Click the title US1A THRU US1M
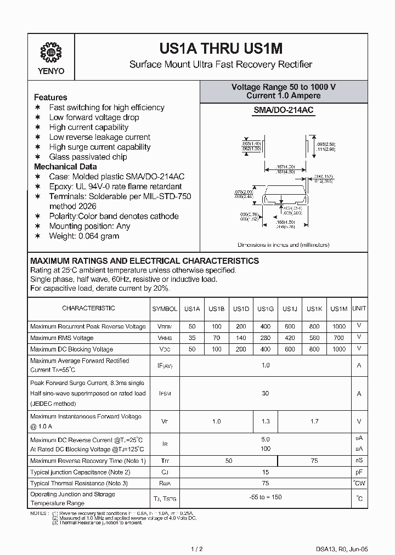(221, 48)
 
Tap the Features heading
(50, 97)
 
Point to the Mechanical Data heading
(65, 167)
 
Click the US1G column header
(265, 309)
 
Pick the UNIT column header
(359, 309)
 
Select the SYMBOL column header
(165, 309)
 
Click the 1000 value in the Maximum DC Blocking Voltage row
(339, 349)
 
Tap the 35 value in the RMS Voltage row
(192, 338)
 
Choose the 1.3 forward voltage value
(265, 422)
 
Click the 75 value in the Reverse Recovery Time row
(315, 461)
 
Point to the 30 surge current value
(265, 393)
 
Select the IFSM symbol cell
(165, 394)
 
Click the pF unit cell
(359, 472)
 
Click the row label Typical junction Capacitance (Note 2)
(80, 472)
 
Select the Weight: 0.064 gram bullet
(84, 236)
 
